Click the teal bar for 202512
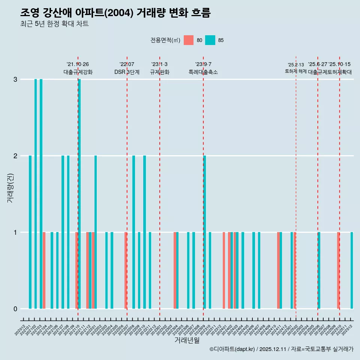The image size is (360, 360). point(352,270)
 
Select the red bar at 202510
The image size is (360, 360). point(338,270)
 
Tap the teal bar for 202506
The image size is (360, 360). point(319,270)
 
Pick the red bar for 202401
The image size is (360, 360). point(224,270)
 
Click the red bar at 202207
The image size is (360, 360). point(126,270)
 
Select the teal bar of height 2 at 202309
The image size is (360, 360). point(205,232)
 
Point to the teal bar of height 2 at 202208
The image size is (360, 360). point(133,232)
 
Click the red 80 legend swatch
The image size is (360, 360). point(189,40)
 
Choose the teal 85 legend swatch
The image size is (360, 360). point(210,40)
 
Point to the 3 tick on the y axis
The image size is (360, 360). point(15,79)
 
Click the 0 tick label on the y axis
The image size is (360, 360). point(15,309)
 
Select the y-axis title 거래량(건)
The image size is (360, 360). point(10,187)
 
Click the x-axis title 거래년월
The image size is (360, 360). point(187,340)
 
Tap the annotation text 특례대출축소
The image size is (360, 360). point(203,72)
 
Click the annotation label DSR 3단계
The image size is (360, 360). point(127,72)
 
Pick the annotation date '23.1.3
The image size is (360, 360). point(159,64)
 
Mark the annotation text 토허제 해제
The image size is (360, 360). point(296,71)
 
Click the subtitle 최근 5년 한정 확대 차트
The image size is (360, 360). point(54,24)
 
